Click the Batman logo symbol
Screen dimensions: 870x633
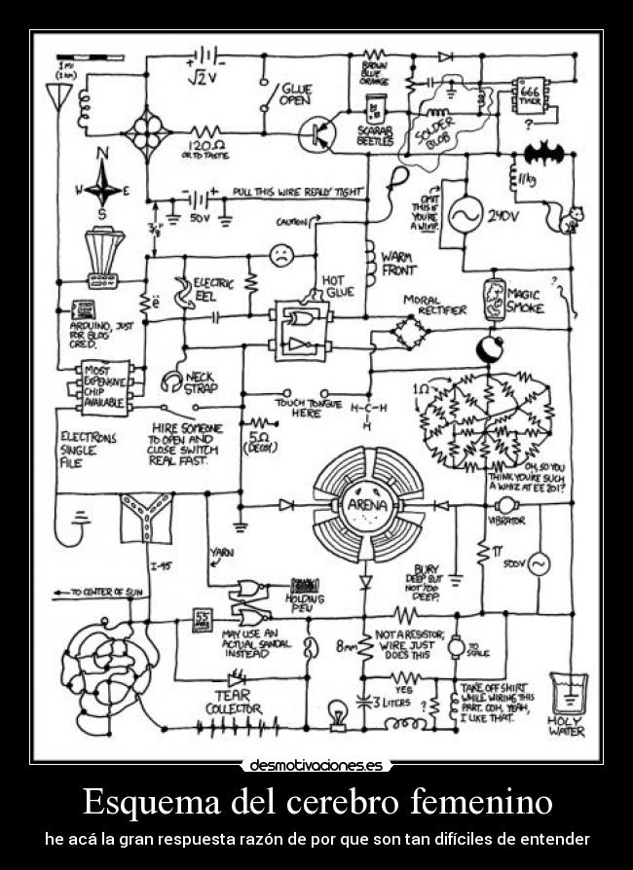(543, 153)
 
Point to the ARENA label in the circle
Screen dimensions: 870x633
(366, 505)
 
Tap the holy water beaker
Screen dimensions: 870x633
(567, 693)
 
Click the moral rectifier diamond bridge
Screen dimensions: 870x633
(408, 333)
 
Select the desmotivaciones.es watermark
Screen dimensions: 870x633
(316, 765)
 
